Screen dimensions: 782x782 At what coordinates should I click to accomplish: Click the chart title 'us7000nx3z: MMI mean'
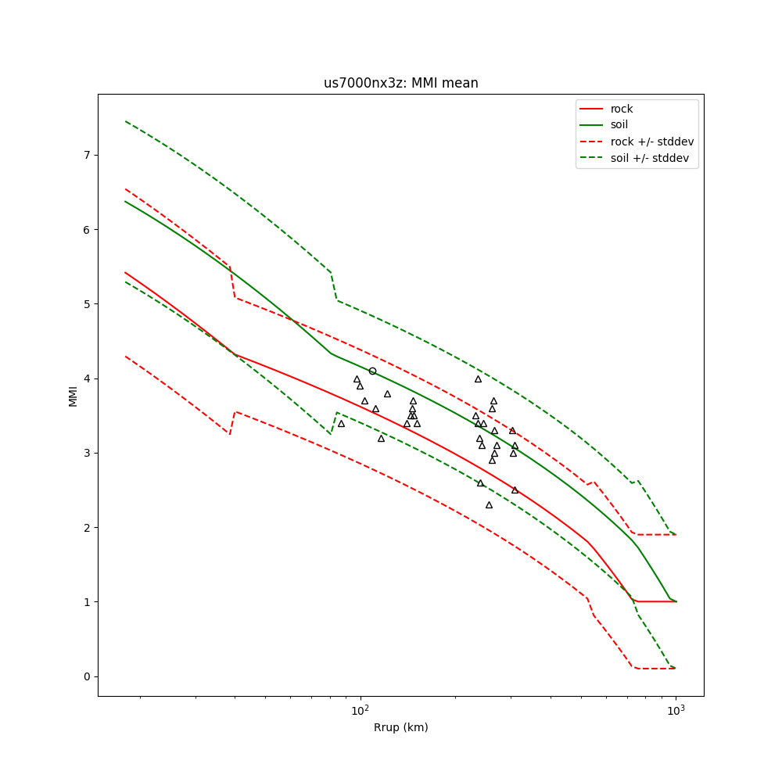(x=401, y=83)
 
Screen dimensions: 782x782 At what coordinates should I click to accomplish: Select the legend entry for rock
(x=622, y=109)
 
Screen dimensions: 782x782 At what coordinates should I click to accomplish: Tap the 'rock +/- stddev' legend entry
(x=651, y=142)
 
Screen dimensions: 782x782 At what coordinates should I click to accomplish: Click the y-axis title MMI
(x=73, y=395)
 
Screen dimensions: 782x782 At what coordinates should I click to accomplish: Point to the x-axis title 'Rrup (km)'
(x=400, y=727)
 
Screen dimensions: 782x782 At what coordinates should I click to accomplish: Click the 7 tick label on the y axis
(x=88, y=155)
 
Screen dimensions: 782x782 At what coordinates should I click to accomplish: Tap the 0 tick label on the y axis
(x=88, y=676)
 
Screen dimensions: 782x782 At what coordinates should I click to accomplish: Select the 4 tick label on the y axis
(x=88, y=378)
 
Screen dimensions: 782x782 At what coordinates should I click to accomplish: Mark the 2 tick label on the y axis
(x=88, y=528)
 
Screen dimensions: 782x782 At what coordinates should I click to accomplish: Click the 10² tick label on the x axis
(x=361, y=710)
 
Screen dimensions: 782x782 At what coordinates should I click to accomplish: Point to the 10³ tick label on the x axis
(x=676, y=710)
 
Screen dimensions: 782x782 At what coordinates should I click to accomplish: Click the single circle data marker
(x=372, y=371)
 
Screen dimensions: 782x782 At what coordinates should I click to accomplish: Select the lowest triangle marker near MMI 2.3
(x=489, y=505)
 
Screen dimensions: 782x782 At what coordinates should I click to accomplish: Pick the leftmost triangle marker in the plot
(x=341, y=423)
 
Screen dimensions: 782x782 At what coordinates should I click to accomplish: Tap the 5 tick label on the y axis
(x=88, y=304)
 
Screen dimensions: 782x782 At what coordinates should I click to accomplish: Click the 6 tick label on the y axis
(x=88, y=230)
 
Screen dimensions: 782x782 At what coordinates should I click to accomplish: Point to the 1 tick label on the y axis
(x=88, y=602)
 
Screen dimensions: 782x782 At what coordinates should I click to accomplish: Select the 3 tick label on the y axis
(x=88, y=454)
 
